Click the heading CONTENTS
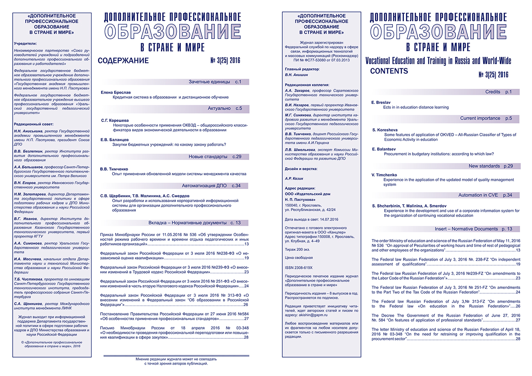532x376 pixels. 389,71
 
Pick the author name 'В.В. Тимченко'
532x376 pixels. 115,168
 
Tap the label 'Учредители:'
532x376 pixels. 25,43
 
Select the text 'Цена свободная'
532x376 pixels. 299,258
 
